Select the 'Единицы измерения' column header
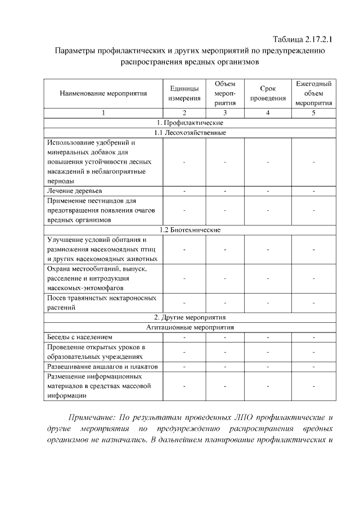click(x=184, y=93)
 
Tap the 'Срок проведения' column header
click(x=268, y=93)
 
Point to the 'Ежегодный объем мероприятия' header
click(x=313, y=93)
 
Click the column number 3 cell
click(x=225, y=113)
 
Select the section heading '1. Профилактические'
click(x=190, y=123)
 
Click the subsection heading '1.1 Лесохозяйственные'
click(x=190, y=133)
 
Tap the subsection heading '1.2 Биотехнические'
click(x=190, y=229)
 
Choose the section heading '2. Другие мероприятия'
click(x=190, y=317)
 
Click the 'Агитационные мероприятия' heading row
click(x=190, y=327)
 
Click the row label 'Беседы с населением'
click(x=80, y=337)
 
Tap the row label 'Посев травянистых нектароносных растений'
click(x=101, y=303)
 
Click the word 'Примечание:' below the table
click(x=91, y=418)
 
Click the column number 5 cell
click(x=313, y=113)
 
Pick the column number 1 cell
click(x=103, y=113)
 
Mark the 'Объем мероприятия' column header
click(x=225, y=93)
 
